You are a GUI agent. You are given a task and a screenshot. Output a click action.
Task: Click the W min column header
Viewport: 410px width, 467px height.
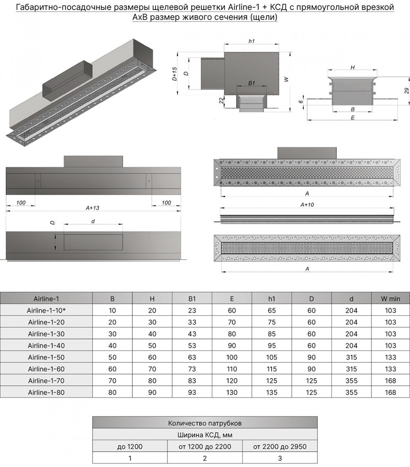(x=391, y=299)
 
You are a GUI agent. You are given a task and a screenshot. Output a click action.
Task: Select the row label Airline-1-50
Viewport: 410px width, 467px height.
(x=46, y=357)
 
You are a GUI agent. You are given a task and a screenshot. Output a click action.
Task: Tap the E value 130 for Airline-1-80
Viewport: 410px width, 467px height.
(x=232, y=392)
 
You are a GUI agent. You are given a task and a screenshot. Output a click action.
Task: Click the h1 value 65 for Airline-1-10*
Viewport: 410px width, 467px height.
(x=272, y=310)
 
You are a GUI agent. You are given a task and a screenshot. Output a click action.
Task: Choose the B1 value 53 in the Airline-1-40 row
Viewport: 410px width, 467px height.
(x=192, y=345)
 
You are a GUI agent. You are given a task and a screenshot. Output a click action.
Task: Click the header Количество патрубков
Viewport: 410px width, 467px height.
(x=205, y=423)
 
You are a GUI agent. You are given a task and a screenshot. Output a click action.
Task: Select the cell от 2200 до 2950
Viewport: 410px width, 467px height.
(x=280, y=446)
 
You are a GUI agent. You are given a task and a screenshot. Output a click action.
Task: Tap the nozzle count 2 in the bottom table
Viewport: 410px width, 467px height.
(x=205, y=458)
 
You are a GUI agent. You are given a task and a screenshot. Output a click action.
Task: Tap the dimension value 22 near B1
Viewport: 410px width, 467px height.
(x=221, y=100)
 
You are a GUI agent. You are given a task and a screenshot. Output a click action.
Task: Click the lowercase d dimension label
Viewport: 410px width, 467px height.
(x=93, y=222)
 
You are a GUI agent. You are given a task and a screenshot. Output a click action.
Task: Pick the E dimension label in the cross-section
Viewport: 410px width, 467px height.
(x=353, y=117)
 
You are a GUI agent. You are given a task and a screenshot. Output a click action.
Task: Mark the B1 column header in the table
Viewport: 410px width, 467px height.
(x=192, y=299)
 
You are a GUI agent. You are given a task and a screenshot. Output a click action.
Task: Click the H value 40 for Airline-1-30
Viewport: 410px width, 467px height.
(x=152, y=334)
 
